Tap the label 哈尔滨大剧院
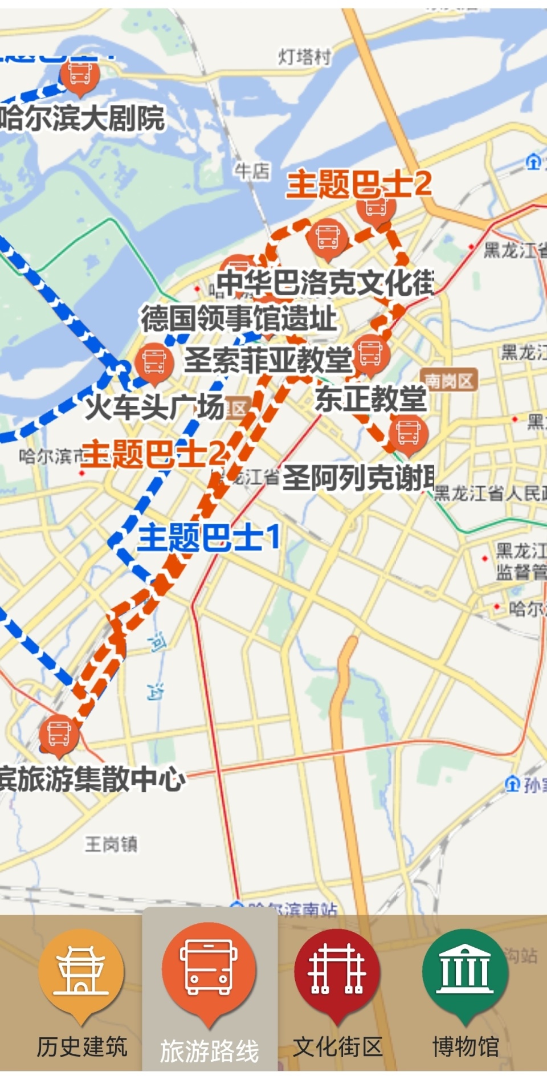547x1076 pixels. click(83, 119)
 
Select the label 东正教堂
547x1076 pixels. click(370, 398)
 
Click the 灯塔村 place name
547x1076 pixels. click(304, 56)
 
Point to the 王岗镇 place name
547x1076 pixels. click(111, 843)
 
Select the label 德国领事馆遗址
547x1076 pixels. click(239, 318)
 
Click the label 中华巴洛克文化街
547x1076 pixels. click(325, 282)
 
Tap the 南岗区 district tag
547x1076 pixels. click(449, 380)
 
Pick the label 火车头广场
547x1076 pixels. click(154, 407)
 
